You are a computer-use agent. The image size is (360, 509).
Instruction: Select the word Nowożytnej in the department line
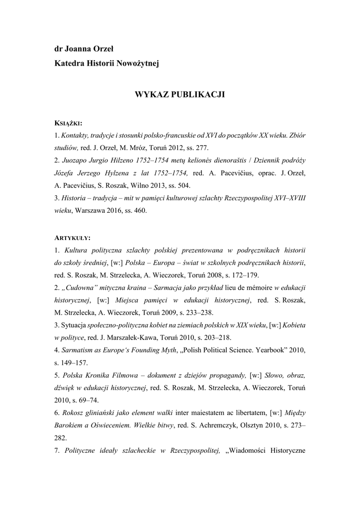[138, 63]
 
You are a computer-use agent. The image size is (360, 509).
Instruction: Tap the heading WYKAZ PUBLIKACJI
[180, 94]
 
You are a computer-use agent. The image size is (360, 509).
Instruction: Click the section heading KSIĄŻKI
[68, 122]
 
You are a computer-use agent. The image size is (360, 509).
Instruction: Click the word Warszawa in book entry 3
[90, 211]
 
